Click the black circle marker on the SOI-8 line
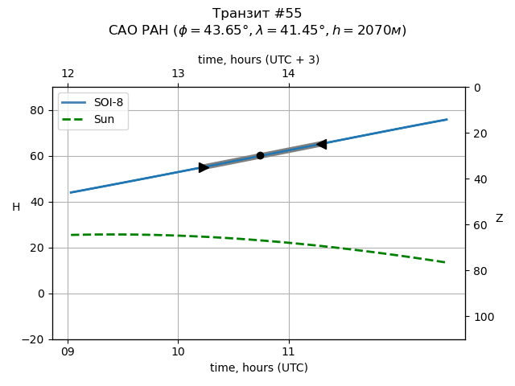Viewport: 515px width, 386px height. (x=260, y=155)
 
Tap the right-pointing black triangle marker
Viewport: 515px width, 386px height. (x=204, y=167)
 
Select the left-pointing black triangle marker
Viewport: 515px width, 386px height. (x=321, y=144)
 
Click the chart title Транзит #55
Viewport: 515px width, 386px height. (x=257, y=14)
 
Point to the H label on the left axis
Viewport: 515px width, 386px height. (x=16, y=207)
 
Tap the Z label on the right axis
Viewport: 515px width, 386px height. (x=499, y=219)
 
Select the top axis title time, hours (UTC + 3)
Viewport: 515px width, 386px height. (x=258, y=60)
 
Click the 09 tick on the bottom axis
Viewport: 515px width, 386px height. (x=68, y=351)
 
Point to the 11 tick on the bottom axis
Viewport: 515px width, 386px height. (x=288, y=351)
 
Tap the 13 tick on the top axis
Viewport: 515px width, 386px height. (x=178, y=74)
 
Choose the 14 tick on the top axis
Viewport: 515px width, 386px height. (x=288, y=74)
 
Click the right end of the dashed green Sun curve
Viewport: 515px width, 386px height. (x=446, y=262)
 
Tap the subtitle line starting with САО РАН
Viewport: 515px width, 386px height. (x=257, y=31)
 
